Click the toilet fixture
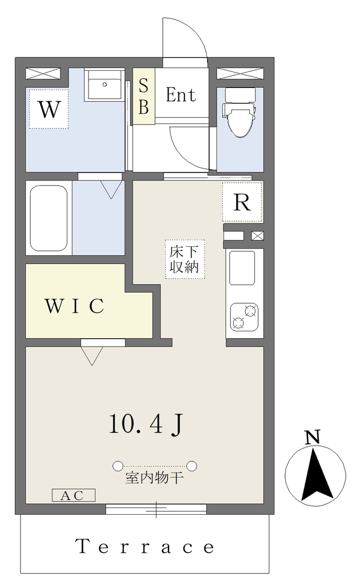point(240,113)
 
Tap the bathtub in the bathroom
point(49,218)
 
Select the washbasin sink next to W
point(105,85)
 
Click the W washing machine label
point(49,109)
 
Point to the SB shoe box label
point(143,96)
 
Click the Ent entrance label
point(181,95)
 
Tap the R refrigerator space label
point(242,203)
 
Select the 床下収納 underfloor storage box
point(185,259)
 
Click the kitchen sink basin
point(242,268)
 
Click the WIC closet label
point(75,306)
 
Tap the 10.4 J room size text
point(146,424)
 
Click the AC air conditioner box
point(74,495)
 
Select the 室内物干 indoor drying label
point(154,478)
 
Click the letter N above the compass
point(313,437)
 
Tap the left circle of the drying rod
point(118,466)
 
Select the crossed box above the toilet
point(240,74)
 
